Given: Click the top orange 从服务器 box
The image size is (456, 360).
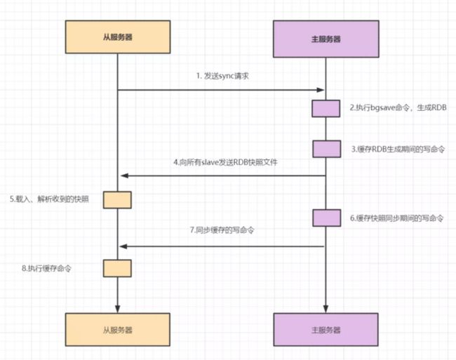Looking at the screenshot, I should pos(117,39).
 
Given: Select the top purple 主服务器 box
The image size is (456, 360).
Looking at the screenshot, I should pos(326,39).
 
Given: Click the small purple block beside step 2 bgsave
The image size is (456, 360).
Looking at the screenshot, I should pos(326,108).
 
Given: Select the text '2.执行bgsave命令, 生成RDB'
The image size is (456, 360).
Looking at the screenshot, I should pos(396,108).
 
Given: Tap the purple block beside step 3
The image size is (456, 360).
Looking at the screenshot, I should pos(326,148).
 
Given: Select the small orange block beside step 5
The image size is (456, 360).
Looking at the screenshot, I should pos(117,199).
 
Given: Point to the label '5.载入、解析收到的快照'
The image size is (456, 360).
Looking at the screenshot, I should pos(49,199).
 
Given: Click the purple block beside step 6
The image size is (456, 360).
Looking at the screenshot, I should pos(326,218).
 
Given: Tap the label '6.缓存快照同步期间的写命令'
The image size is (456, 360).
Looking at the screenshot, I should pos(397,218).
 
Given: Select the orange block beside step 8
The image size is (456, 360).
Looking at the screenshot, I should pos(117,268).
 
